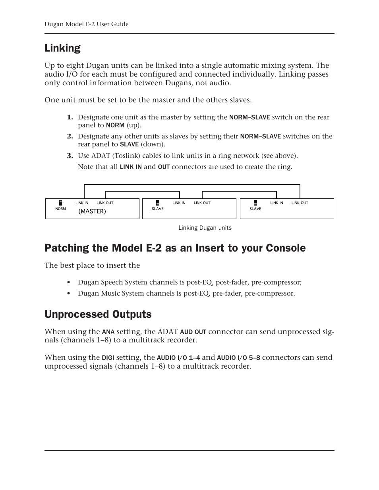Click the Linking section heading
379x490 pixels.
[62, 48]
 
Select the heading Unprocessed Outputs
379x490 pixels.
[98, 314]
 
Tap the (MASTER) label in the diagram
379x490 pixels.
[92, 211]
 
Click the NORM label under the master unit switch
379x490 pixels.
[60, 209]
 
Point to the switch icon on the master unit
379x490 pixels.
[60, 203]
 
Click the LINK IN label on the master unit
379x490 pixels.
[82, 203]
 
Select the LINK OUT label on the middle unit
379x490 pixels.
[202, 203]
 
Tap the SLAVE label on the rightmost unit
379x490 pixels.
[255, 209]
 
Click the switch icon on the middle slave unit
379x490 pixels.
[158, 203]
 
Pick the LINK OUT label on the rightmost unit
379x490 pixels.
[300, 203]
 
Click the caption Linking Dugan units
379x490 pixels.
[205, 228]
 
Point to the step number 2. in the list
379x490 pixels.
[70, 136]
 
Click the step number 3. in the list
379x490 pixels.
[70, 156]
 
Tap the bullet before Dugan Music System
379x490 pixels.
[69, 294]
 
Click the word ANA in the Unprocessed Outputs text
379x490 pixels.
[108, 332]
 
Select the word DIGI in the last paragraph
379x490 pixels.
[108, 358]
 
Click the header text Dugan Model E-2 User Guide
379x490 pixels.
[87, 24]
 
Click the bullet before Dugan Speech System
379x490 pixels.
[69, 282]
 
